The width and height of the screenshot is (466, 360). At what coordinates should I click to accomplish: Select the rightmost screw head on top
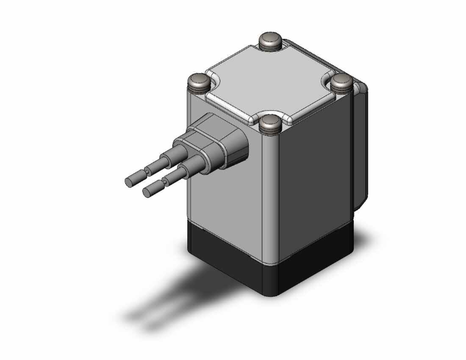342,81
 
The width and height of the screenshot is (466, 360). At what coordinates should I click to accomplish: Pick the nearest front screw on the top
271,123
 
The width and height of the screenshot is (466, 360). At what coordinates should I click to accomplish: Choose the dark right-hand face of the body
313,175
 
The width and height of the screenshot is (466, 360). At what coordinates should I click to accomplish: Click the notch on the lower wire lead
164,182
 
